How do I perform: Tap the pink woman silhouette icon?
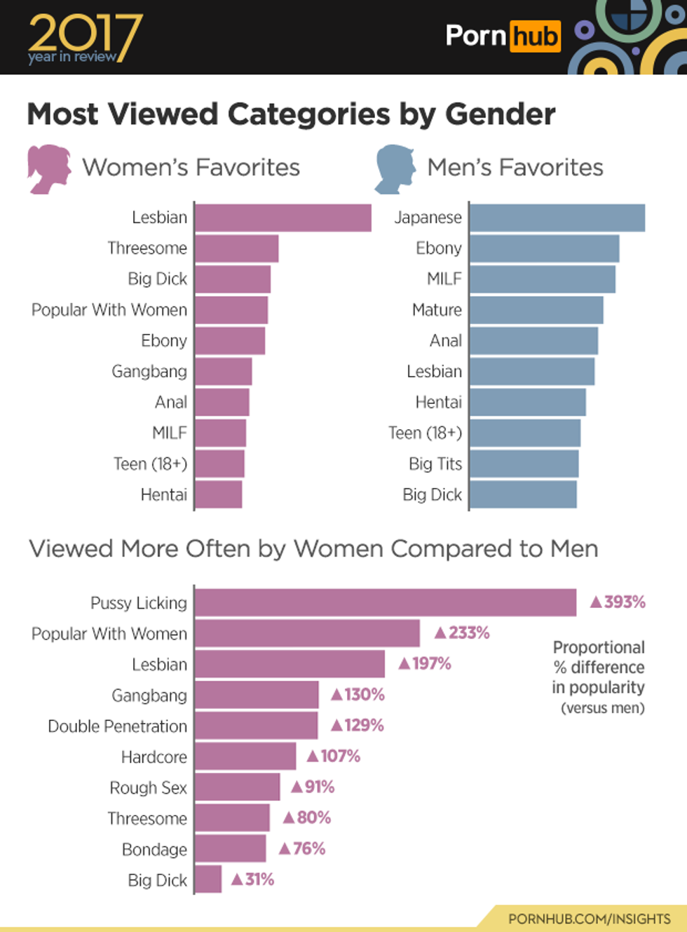point(48,168)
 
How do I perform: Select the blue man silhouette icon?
point(394,168)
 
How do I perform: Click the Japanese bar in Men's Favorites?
point(557,217)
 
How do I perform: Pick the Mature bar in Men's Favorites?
point(536,310)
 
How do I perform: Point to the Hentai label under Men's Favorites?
point(438,403)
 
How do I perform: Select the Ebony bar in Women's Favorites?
point(230,341)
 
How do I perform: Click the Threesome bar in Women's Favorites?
point(237,248)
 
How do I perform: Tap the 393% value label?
point(618,602)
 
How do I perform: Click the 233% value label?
point(462,633)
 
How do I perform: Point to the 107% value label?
point(334,757)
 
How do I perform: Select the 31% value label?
point(252,880)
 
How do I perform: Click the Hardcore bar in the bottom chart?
point(245,757)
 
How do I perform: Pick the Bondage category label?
point(154,850)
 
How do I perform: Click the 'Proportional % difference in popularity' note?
point(599,677)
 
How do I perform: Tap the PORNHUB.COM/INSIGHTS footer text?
point(589,919)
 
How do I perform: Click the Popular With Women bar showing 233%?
point(307,633)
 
